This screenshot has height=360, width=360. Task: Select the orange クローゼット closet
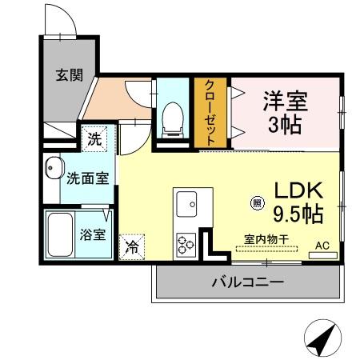(210, 112)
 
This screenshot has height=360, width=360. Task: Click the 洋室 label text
(286, 102)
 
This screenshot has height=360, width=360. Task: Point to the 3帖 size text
(286, 125)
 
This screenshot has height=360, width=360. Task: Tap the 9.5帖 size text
(298, 214)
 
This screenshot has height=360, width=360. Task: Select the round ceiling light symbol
(257, 203)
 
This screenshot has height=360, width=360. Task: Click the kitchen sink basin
(192, 204)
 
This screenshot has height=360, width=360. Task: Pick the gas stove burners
(186, 242)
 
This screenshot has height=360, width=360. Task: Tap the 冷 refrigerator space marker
(131, 246)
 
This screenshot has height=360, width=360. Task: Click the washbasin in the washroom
(54, 168)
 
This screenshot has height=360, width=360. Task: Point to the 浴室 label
(92, 235)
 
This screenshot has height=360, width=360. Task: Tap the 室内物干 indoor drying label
(266, 238)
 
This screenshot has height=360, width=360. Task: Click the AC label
(322, 246)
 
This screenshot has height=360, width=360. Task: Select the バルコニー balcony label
(246, 282)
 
